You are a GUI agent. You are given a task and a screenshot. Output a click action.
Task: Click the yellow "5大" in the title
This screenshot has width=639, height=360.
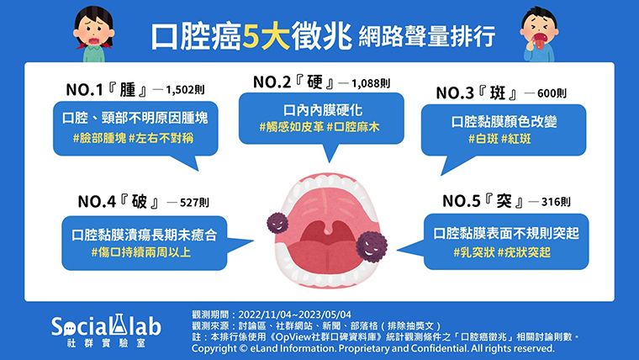coord(267,37)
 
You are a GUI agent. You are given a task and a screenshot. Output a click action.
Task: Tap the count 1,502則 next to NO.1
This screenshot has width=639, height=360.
coord(185,90)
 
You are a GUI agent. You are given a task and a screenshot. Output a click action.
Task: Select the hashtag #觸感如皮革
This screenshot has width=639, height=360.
coord(292,127)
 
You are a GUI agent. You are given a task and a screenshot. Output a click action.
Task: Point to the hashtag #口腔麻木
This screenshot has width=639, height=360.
coord(353,127)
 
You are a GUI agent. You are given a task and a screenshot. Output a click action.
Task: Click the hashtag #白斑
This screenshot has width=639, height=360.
coord(483,139)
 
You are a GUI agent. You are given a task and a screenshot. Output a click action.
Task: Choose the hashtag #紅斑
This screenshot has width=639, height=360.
coord(516,139)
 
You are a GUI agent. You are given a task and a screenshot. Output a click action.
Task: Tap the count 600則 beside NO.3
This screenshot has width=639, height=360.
coord(552,93)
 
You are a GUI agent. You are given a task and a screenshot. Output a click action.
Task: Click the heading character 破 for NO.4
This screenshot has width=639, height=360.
coord(139,201)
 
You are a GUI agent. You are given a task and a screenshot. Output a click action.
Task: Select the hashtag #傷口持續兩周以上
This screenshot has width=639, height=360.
coord(141,252)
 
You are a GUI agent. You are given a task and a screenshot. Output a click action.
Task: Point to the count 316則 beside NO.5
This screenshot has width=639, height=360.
coord(556,202)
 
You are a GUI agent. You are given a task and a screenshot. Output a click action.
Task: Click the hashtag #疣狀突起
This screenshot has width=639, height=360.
coord(524,252)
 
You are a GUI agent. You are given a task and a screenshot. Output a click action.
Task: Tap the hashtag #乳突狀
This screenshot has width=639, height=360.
coord(474,252)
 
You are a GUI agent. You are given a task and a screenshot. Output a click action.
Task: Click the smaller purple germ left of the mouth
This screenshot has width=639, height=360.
coord(277,223)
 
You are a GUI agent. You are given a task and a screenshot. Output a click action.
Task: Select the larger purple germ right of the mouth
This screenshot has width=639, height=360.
coord(372,246)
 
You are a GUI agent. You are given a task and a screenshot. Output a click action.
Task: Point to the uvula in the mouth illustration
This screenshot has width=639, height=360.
coord(329,229)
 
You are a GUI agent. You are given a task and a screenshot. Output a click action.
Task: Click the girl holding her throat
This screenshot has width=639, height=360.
coord(93,34)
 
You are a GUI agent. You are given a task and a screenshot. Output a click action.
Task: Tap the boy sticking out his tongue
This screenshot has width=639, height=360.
coord(539,35)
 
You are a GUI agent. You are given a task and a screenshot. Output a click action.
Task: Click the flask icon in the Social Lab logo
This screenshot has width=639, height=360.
coord(119,325)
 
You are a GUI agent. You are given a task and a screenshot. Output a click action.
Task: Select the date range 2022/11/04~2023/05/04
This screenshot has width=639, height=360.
coord(294,315)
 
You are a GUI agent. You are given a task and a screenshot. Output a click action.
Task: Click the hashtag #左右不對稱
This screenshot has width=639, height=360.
coord(161,138)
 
